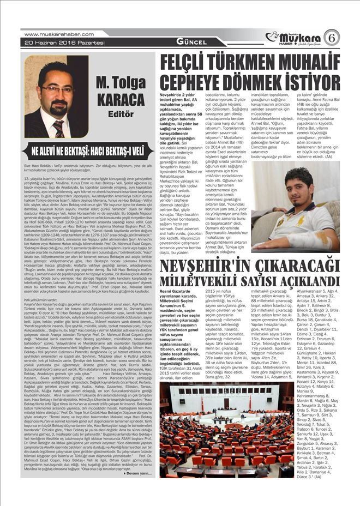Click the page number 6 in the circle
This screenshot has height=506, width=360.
(331, 38)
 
